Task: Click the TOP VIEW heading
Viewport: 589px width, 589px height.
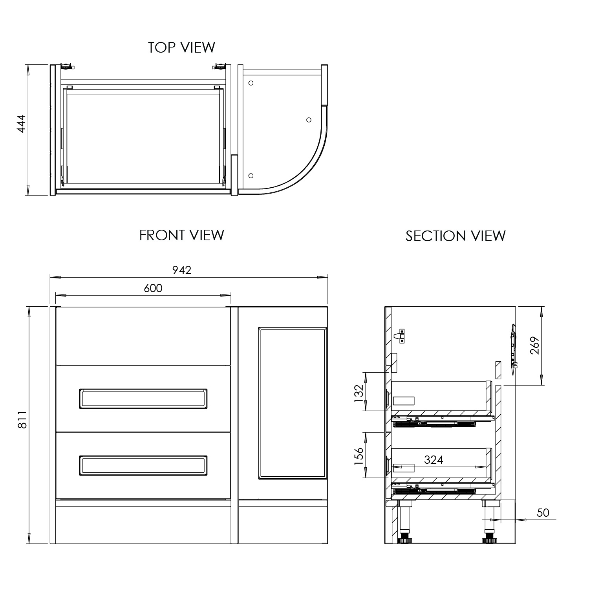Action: [181, 48]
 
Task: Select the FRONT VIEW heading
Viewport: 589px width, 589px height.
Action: [181, 235]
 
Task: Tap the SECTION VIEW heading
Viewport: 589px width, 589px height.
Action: [455, 236]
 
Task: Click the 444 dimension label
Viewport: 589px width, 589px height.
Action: [21, 123]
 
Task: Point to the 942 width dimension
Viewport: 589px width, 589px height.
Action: [182, 270]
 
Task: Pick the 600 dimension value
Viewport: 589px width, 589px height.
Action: [153, 288]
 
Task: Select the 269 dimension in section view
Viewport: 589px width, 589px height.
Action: [535, 346]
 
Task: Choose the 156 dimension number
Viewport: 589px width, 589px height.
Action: [359, 457]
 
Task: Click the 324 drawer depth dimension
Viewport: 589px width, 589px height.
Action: [434, 460]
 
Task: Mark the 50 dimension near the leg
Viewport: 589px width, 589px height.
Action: [543, 512]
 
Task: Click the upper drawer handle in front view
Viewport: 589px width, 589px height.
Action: [143, 399]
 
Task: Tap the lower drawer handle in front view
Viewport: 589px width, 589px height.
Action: [143, 466]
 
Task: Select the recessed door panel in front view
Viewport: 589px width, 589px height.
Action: [293, 403]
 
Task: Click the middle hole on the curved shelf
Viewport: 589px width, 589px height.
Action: [309, 119]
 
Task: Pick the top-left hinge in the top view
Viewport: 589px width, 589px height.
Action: [67, 67]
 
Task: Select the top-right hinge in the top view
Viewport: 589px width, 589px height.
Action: [219, 67]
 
